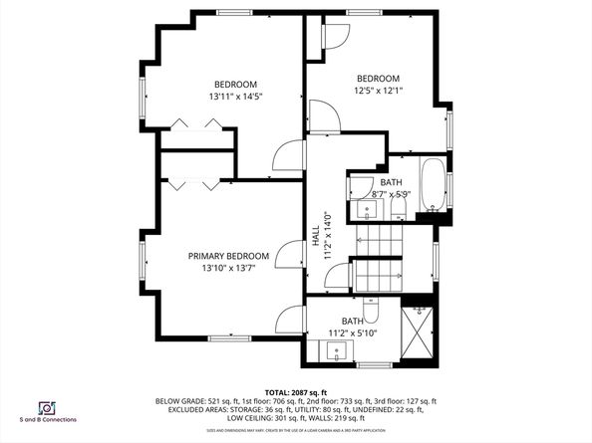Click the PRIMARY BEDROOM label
click(x=228, y=255)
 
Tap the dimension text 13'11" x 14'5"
click(x=235, y=98)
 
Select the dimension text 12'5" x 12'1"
click(x=378, y=92)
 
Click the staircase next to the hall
click(x=377, y=255)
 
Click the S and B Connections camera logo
click(x=46, y=408)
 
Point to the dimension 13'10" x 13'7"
click(x=228, y=268)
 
